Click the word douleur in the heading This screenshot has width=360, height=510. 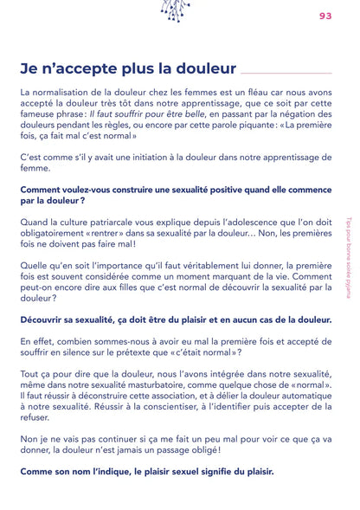[x=198, y=68]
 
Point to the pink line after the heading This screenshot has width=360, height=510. [x=286, y=73]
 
